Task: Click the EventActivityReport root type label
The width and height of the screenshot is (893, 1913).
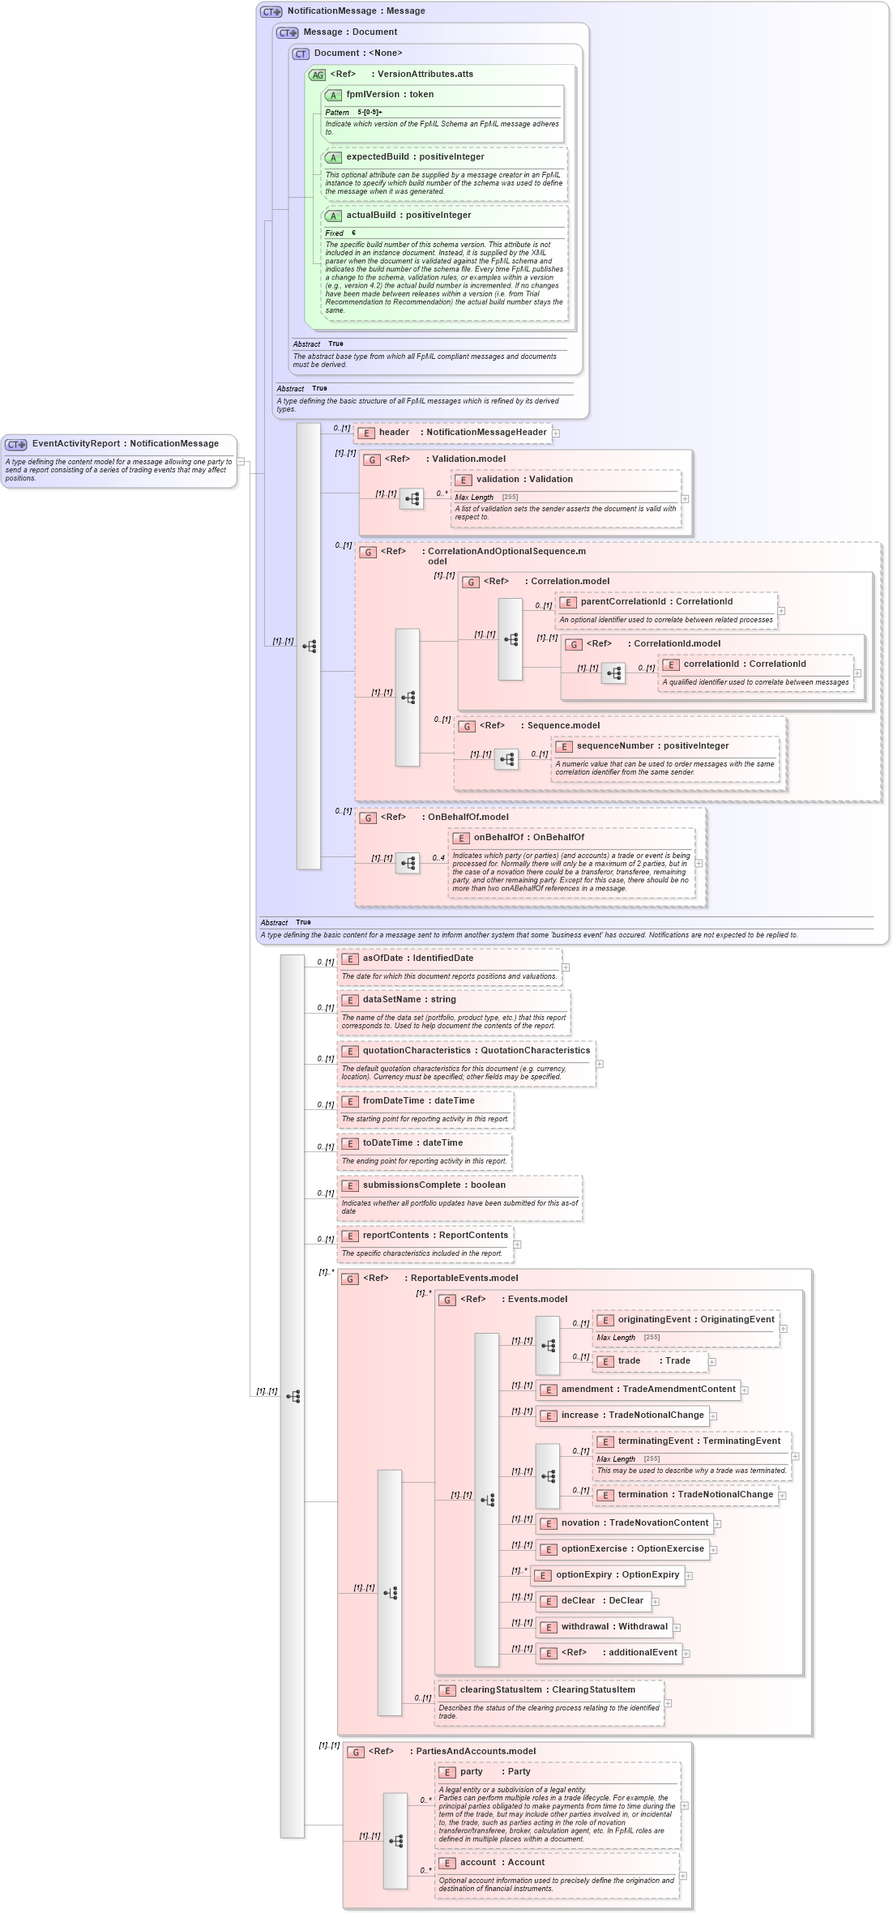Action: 125,444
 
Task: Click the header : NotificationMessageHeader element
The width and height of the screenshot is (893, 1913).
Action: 462,433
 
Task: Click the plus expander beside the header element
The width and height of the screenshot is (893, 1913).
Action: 556,433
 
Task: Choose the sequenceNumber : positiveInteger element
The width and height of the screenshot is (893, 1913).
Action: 652,746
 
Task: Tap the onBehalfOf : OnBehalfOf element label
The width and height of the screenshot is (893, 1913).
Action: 528,838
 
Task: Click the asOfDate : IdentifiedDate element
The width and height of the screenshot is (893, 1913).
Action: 417,959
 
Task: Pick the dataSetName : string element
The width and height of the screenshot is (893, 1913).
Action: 409,1000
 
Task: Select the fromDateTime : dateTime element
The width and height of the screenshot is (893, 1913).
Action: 418,1101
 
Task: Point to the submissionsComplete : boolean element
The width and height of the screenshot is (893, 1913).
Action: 434,1185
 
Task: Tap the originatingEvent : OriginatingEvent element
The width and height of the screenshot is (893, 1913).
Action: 695,1320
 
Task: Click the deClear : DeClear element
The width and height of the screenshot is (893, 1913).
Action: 601,1601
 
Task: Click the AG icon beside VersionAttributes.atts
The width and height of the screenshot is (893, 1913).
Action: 317,75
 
